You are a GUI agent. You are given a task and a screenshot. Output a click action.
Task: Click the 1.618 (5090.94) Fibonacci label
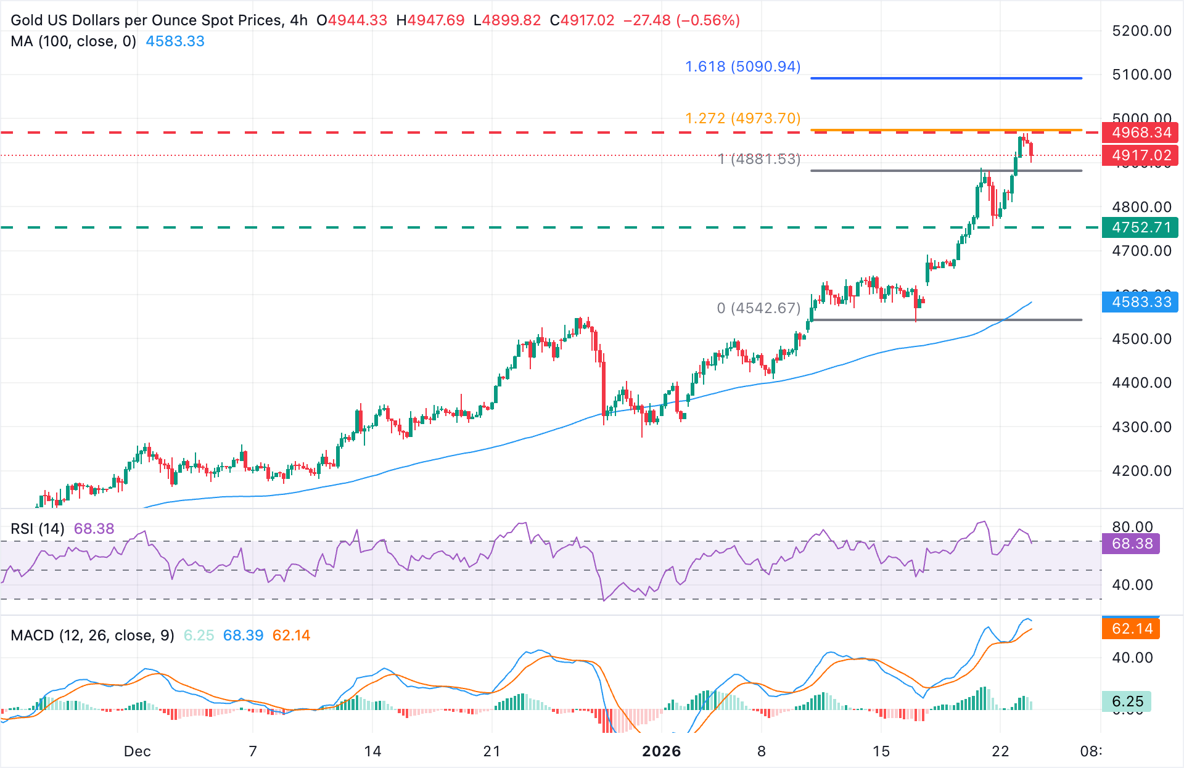point(742,66)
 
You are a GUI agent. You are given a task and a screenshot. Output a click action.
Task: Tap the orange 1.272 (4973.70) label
point(742,118)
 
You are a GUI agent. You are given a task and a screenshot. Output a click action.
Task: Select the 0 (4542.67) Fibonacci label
point(758,308)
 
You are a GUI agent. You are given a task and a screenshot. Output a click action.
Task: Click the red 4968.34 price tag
point(1140,133)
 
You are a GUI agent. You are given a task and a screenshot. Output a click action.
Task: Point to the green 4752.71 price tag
point(1140,227)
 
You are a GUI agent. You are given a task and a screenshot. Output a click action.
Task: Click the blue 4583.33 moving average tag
point(1140,302)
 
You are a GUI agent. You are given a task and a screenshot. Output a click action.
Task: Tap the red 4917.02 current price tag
point(1140,155)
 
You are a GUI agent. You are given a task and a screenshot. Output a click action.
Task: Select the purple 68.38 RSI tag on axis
point(1132,544)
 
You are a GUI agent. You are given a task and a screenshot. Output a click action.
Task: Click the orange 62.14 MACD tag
point(1132,629)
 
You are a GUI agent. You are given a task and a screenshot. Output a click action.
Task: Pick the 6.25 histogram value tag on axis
point(1127,701)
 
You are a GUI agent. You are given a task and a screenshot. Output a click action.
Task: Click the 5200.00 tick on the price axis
point(1141,31)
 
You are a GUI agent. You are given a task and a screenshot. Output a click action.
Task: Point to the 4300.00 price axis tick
point(1141,427)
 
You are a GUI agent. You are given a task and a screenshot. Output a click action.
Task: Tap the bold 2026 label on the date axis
point(661,751)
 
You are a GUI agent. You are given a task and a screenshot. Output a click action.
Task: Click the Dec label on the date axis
point(137,751)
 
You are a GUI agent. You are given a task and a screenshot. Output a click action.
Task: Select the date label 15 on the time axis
point(881,751)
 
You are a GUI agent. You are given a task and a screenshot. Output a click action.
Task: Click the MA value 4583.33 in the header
point(175,41)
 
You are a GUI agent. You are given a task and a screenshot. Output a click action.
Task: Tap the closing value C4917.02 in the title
point(582,20)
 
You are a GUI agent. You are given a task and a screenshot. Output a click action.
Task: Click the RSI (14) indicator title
point(37,528)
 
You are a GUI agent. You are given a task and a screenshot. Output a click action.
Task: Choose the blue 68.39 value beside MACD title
point(243,635)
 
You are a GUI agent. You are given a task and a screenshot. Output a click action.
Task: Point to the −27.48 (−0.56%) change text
point(681,20)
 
